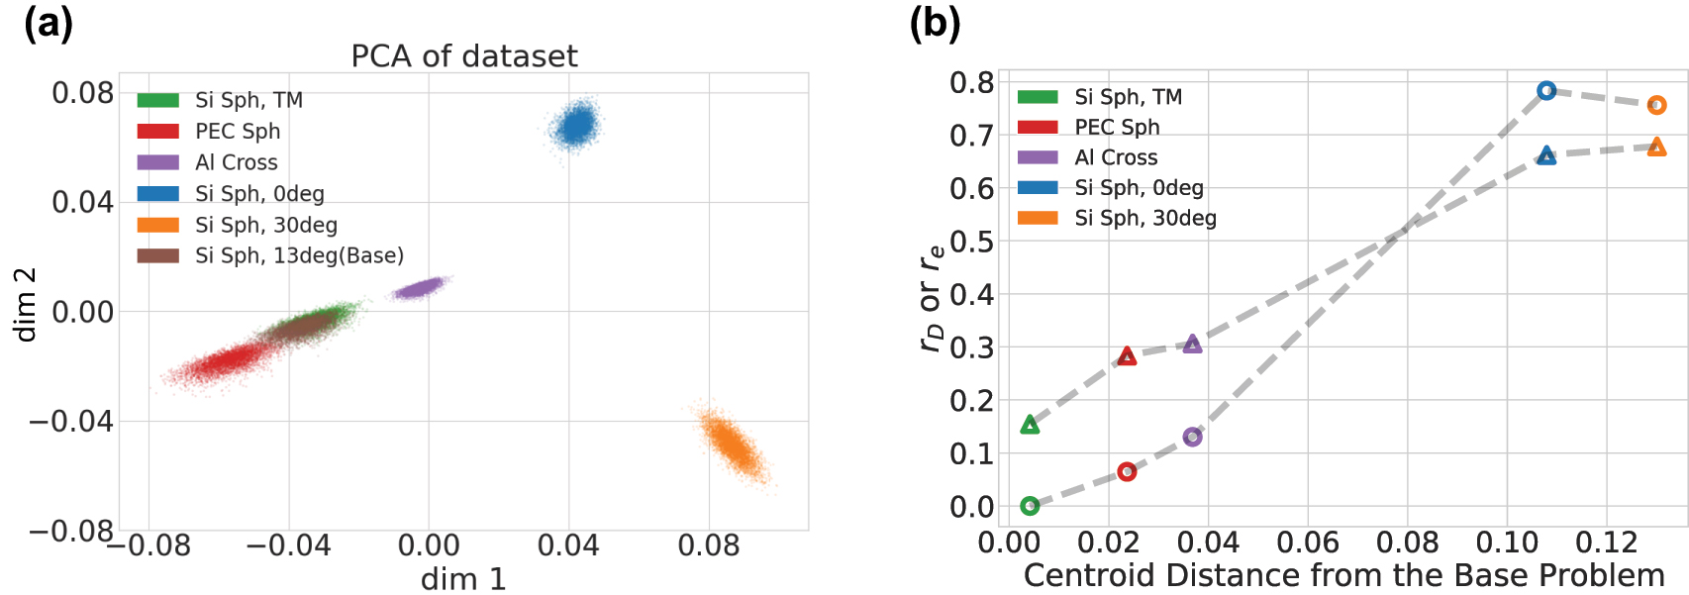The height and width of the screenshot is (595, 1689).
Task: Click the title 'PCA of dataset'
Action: [463, 55]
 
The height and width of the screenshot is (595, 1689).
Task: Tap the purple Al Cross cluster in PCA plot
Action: [420, 288]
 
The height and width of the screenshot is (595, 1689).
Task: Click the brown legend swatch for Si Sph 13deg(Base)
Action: [157, 255]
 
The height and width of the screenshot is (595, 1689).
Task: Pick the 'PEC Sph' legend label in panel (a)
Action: [238, 131]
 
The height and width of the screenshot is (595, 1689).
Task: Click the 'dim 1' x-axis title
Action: [463, 578]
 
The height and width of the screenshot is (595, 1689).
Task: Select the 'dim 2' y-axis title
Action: [25, 304]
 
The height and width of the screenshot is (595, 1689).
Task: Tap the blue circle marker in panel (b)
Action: [1546, 90]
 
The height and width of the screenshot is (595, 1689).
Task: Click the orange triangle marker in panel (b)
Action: [1656, 148]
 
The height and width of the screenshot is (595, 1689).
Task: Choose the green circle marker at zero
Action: [1030, 506]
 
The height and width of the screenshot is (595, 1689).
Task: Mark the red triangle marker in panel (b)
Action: [1127, 356]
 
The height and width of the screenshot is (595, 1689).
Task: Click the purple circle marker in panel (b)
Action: [1192, 437]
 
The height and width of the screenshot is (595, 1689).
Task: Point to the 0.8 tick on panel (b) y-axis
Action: [971, 82]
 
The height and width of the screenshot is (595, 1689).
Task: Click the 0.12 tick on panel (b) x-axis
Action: [1607, 542]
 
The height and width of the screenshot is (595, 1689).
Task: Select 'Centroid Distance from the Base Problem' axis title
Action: [1343, 575]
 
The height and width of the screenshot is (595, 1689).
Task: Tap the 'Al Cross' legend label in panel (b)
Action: [1116, 157]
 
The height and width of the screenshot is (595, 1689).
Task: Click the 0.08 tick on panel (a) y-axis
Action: [82, 93]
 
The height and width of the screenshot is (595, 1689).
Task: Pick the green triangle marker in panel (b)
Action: [1030, 425]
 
